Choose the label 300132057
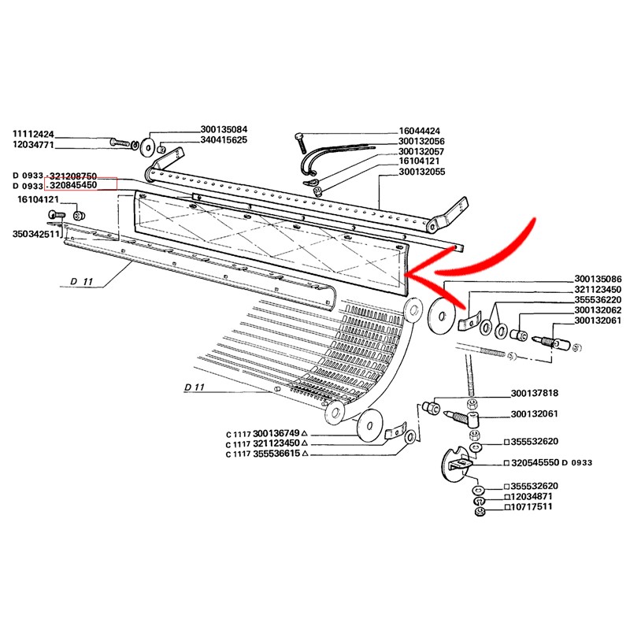point(421,151)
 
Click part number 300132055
point(422,172)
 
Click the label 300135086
point(598,279)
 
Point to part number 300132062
point(598,310)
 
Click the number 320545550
point(535,463)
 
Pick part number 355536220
point(598,300)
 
